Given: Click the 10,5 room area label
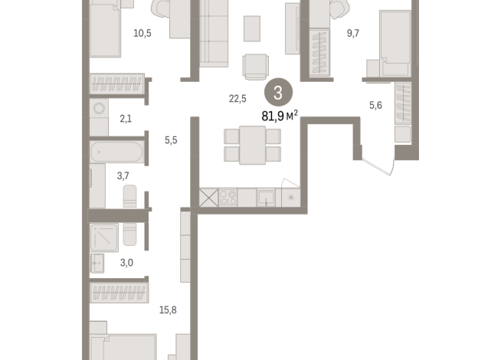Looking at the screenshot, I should pos(142,33).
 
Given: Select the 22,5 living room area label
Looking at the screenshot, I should pos(237,98).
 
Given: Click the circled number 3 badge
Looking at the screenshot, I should pos(278,93).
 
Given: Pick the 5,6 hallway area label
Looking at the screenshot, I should pos(375,106).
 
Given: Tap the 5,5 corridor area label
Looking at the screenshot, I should pos(171,140).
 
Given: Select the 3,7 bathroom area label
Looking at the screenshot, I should pos(123,176).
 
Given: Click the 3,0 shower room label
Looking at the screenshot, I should pos(126,263).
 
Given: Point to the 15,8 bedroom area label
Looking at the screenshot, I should pos(169,309).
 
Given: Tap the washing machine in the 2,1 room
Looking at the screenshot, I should pos(99,110).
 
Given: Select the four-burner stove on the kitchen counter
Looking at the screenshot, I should pos(228,197).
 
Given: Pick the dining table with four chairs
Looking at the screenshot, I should pos(252,145).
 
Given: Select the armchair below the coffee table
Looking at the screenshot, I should pos(255,66).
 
